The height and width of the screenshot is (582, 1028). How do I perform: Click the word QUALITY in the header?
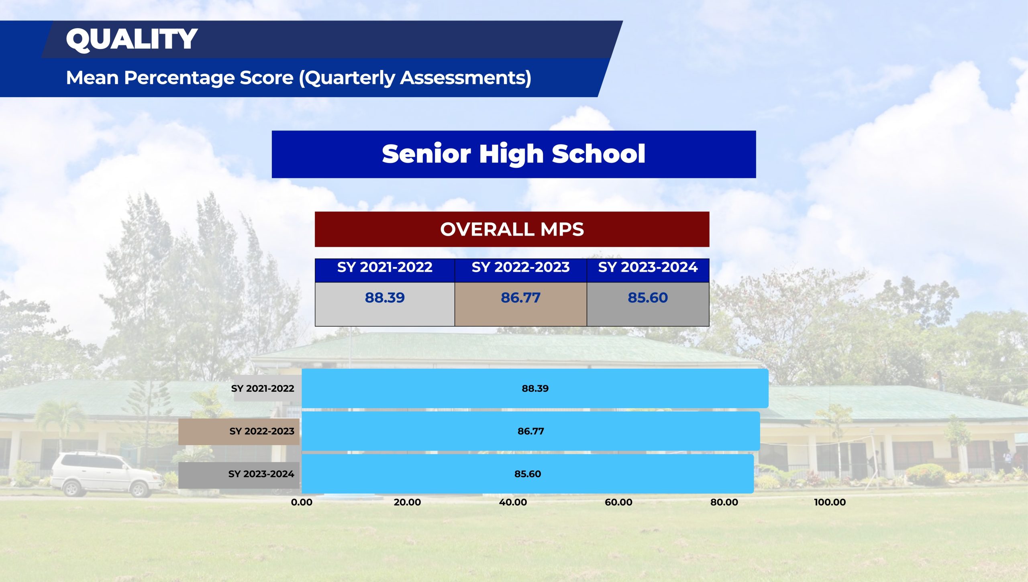(132, 39)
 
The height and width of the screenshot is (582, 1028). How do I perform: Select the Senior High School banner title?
(514, 154)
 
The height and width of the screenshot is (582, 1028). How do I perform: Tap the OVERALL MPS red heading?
(512, 229)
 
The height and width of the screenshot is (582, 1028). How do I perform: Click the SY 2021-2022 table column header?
(385, 267)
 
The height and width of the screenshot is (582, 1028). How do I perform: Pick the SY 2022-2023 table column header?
(520, 267)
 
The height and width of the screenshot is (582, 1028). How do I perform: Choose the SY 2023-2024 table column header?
(648, 267)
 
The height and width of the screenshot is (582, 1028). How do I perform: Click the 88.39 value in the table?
(385, 297)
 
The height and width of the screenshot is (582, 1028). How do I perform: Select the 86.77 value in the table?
(520, 297)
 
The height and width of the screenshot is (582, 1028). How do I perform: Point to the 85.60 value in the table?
(648, 297)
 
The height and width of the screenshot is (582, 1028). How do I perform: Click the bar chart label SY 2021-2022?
(263, 388)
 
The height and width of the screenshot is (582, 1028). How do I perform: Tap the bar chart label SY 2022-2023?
(262, 431)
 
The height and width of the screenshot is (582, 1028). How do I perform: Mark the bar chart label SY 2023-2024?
(261, 474)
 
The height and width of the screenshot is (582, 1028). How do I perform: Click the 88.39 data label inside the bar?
(535, 388)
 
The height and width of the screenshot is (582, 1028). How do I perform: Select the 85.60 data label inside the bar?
(528, 474)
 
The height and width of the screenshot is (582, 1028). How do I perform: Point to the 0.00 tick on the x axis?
(302, 502)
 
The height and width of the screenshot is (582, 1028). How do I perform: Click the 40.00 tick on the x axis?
(513, 502)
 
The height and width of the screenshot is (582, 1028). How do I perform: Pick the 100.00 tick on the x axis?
(830, 502)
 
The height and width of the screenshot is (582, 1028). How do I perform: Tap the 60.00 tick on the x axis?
(618, 502)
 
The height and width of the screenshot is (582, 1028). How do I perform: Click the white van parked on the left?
(106, 474)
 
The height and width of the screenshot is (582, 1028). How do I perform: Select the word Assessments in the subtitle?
(466, 78)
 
